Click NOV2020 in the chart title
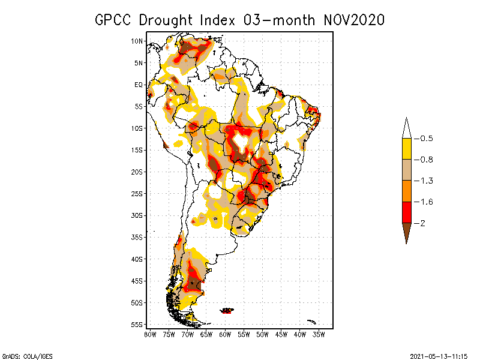point(353,20)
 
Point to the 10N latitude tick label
point(137,41)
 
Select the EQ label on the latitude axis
point(139,85)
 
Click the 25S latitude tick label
point(137,194)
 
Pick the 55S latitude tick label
point(137,325)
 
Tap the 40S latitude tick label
point(137,259)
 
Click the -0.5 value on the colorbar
point(425,139)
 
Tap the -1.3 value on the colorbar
point(425,181)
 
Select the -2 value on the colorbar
point(422,223)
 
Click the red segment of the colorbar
point(406,212)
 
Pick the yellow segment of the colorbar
point(406,149)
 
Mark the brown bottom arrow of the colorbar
point(406,232)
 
